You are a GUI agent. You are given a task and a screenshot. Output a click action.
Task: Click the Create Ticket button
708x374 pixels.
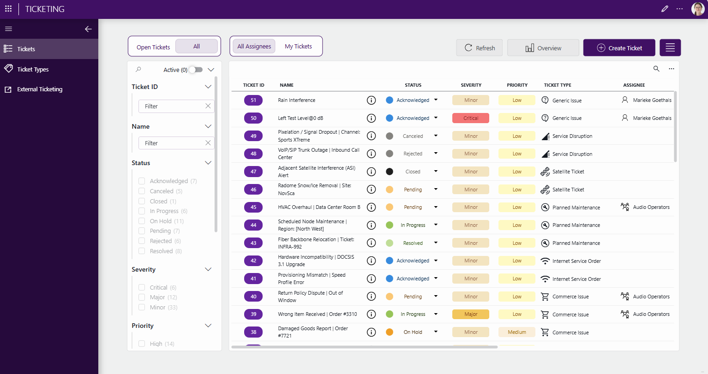pyautogui.click(x=619, y=47)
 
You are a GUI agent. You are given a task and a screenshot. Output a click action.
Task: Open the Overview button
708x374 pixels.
pyautogui.click(x=543, y=47)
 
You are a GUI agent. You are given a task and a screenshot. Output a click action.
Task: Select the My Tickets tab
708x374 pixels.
pyautogui.click(x=298, y=47)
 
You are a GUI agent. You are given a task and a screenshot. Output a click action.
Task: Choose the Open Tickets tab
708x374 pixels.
pyautogui.click(x=153, y=47)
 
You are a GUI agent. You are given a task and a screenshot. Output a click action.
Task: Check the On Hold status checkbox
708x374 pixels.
pyautogui.click(x=142, y=221)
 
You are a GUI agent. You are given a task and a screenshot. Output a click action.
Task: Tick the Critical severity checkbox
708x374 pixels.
pyautogui.click(x=142, y=287)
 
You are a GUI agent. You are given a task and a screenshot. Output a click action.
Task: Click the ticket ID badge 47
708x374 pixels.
pyautogui.click(x=253, y=172)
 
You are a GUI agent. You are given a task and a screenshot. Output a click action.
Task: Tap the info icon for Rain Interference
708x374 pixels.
pyautogui.click(x=371, y=100)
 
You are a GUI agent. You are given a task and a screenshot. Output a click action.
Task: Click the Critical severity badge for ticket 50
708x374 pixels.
pyautogui.click(x=471, y=118)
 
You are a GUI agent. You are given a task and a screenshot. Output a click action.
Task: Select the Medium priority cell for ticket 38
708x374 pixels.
pyautogui.click(x=517, y=332)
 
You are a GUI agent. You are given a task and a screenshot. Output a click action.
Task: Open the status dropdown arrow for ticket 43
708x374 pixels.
pyautogui.click(x=436, y=243)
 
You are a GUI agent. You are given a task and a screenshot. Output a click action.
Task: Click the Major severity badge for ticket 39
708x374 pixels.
pyautogui.click(x=471, y=315)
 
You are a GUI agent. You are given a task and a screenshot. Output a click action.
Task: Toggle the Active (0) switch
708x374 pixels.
pyautogui.click(x=196, y=70)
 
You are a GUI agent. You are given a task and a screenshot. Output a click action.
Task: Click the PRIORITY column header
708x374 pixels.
pyautogui.click(x=517, y=85)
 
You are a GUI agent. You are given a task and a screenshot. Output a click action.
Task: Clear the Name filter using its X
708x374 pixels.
pyautogui.click(x=208, y=143)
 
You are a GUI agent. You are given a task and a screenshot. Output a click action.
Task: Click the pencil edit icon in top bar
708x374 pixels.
pyautogui.click(x=665, y=9)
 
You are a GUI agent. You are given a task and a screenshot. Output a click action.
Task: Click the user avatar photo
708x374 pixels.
pyautogui.click(x=697, y=9)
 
